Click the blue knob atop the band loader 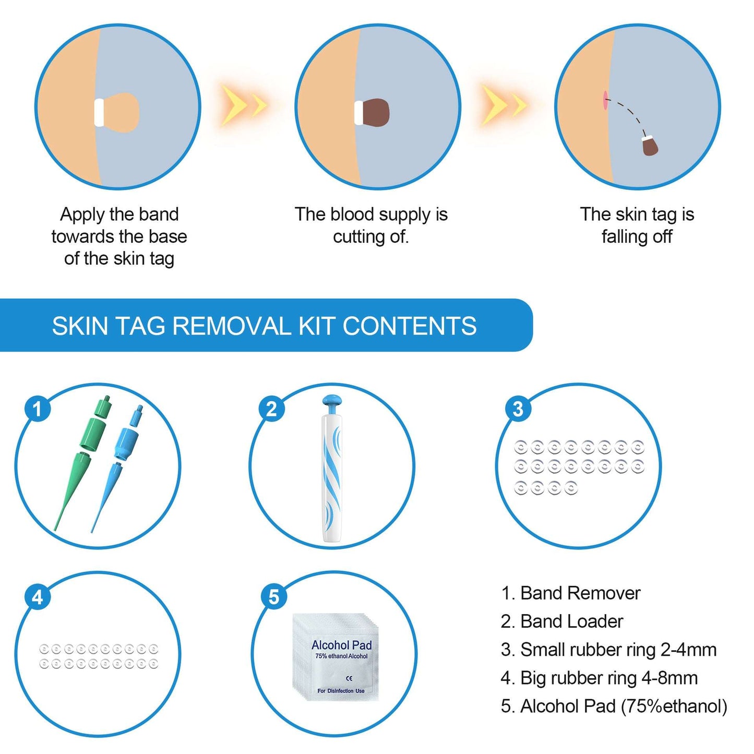tap(332, 402)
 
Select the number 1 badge tap(38, 409)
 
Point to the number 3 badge tap(518, 409)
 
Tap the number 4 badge tap(38, 596)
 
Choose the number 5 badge tap(273, 596)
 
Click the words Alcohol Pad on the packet tap(341, 645)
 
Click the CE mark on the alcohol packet tap(349, 678)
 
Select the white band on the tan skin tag tap(99, 112)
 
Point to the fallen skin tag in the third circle tap(650, 146)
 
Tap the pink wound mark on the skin tap(605, 100)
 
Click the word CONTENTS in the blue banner tap(409, 326)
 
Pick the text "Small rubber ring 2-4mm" tap(618, 649)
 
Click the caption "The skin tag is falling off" tap(637, 225)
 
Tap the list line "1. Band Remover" tap(570, 593)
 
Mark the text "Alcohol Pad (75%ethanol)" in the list tap(624, 705)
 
